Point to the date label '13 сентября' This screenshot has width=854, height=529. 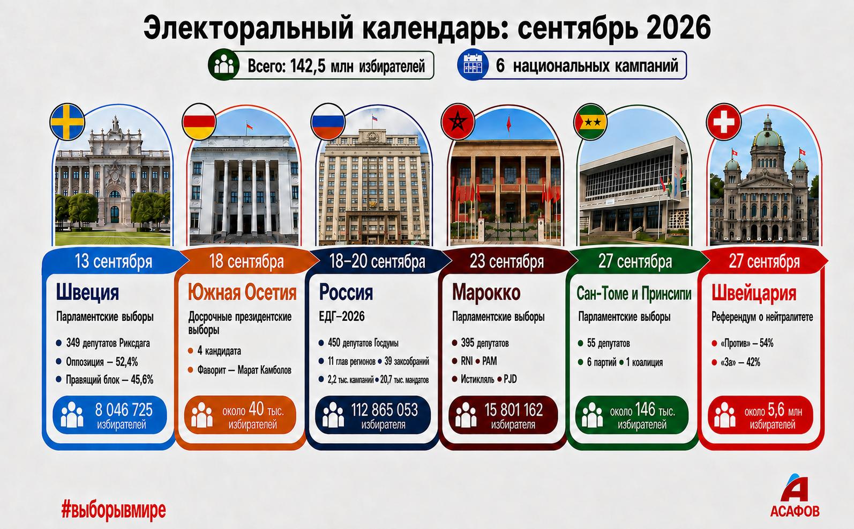tap(113, 262)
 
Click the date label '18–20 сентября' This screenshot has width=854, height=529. tap(377, 262)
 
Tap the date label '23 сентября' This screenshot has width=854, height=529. tap(507, 262)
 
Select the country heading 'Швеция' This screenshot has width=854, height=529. tap(87, 293)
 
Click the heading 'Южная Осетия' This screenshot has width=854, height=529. tap(242, 293)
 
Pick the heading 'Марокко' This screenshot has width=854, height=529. tap(486, 293)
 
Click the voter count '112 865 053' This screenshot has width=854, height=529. tap(384, 410)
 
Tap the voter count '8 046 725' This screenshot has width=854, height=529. tap(124, 410)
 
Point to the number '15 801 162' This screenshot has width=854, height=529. tap(514, 410)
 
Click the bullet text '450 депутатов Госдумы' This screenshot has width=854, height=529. tap(363, 343)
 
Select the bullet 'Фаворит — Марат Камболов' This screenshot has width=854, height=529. tap(244, 370)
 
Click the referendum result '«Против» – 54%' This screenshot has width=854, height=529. tap(747, 343)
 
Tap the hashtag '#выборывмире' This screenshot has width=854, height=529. tap(114, 510)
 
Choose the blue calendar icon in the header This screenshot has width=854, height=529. tap(473, 64)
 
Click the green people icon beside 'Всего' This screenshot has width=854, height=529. tap(224, 64)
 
